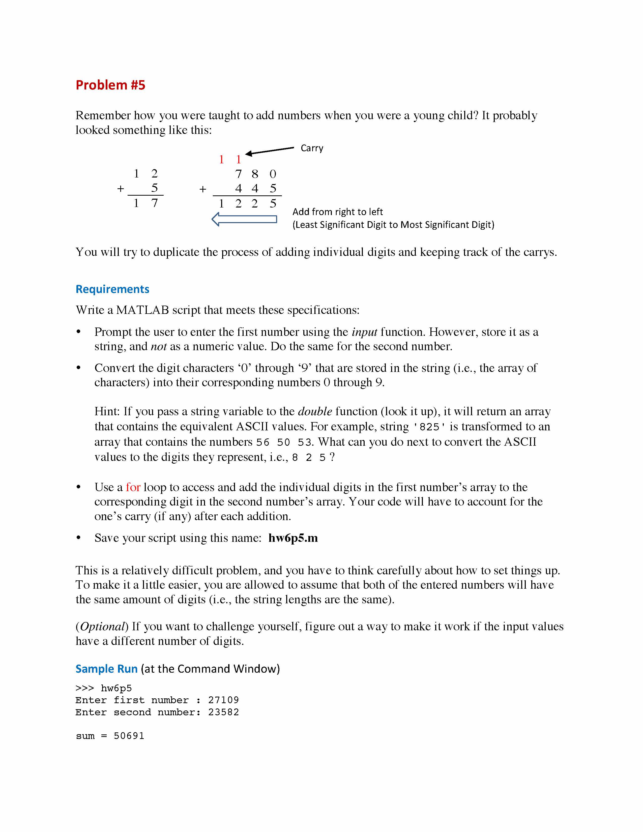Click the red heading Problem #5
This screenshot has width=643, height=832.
click(110, 85)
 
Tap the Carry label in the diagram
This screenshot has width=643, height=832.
click(312, 148)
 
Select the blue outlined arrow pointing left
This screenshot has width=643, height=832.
click(244, 219)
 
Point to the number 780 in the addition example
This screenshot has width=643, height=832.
click(255, 174)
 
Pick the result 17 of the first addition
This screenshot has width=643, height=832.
click(145, 203)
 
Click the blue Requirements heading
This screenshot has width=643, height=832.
click(112, 289)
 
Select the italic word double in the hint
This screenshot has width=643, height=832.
click(315, 411)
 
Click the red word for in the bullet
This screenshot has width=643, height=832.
click(133, 487)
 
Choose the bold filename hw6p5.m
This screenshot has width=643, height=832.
click(293, 538)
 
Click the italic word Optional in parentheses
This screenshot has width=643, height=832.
click(102, 627)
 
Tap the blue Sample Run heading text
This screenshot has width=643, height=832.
click(106, 669)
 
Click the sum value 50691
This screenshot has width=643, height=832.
click(129, 736)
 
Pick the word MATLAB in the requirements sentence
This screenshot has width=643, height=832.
click(142, 310)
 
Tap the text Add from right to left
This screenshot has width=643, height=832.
click(337, 212)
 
